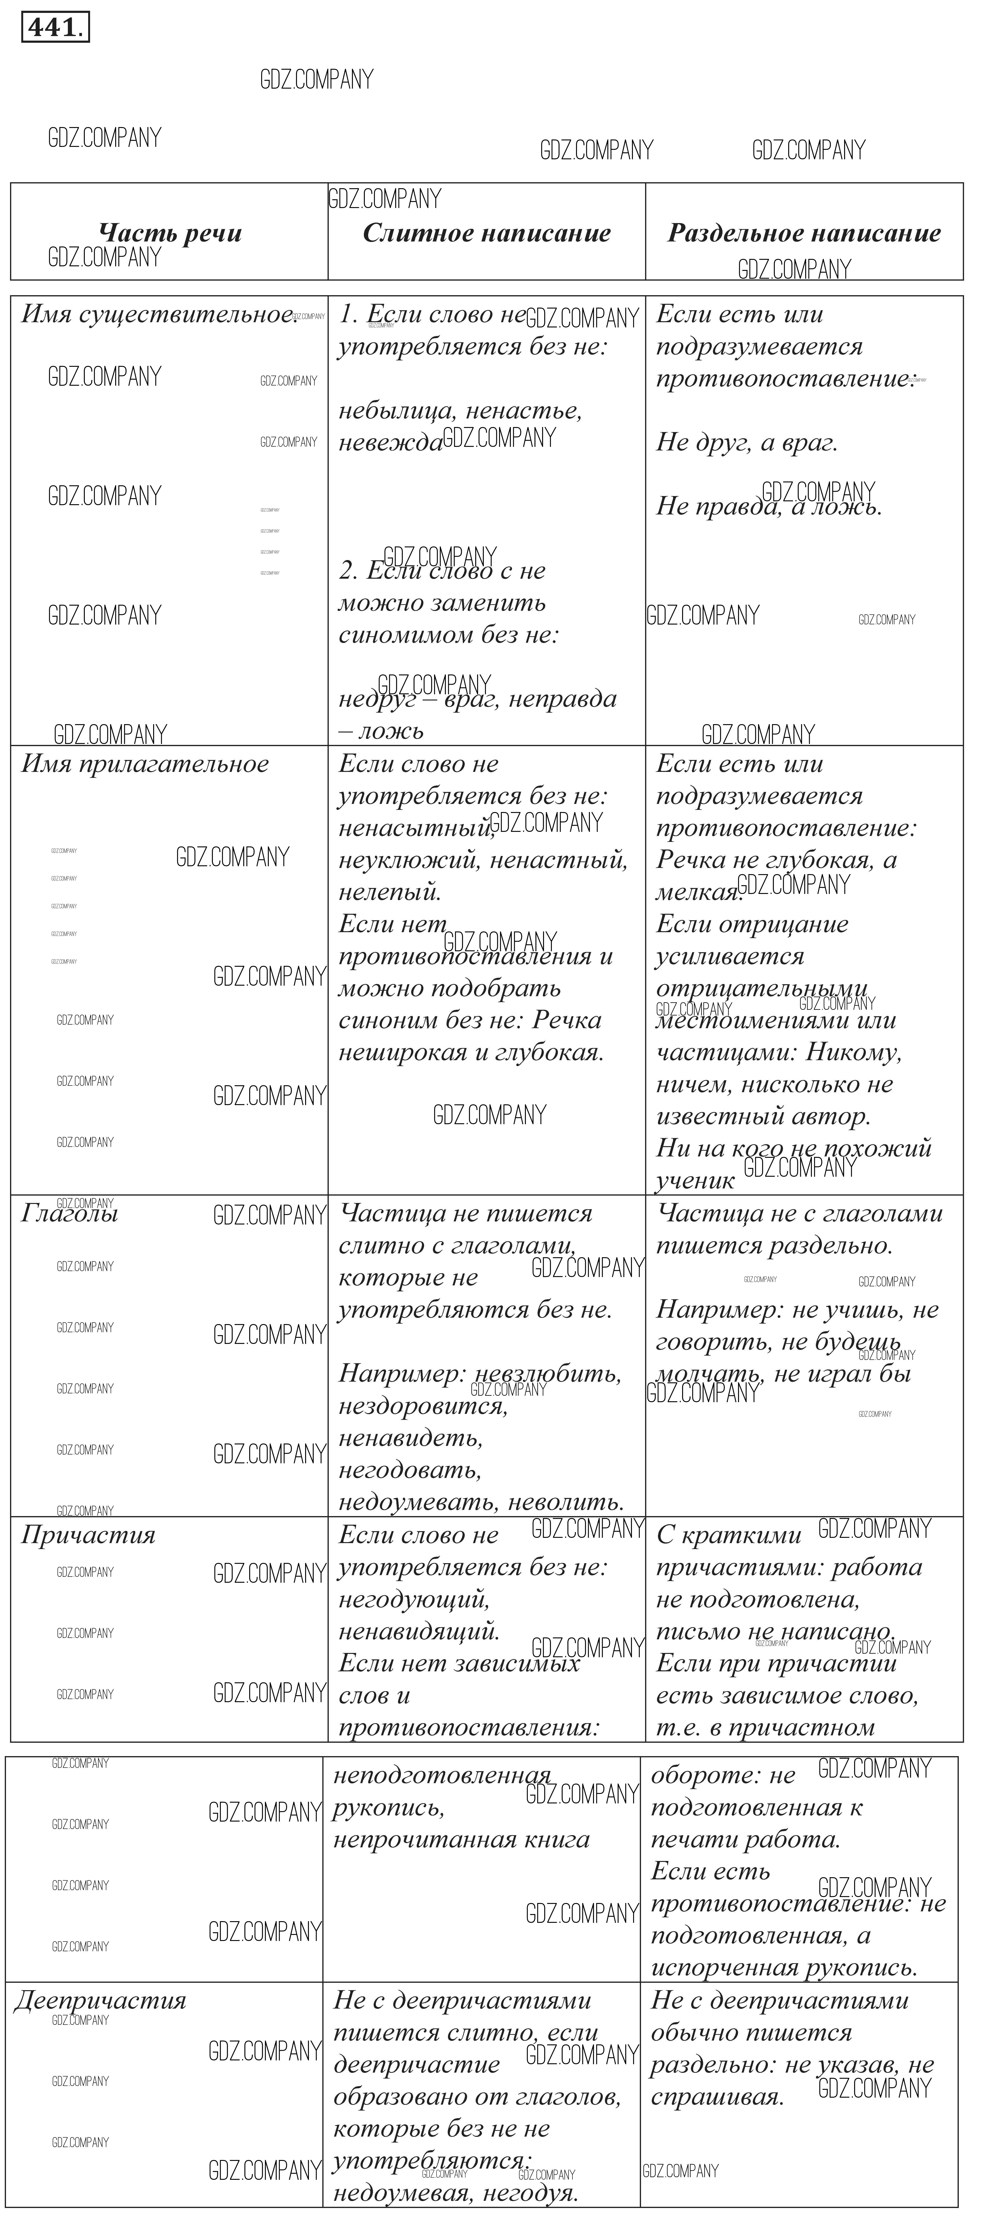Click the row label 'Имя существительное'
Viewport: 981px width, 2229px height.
(156, 314)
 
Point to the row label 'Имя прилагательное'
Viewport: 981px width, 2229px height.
(145, 764)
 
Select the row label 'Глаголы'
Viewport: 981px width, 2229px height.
(69, 1213)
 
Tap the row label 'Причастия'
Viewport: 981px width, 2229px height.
(87, 1535)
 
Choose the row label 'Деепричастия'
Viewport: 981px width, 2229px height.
(100, 2001)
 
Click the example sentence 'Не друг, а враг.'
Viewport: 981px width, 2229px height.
(746, 442)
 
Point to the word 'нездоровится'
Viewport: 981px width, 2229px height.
(422, 1406)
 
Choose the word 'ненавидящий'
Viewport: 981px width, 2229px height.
(418, 1631)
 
